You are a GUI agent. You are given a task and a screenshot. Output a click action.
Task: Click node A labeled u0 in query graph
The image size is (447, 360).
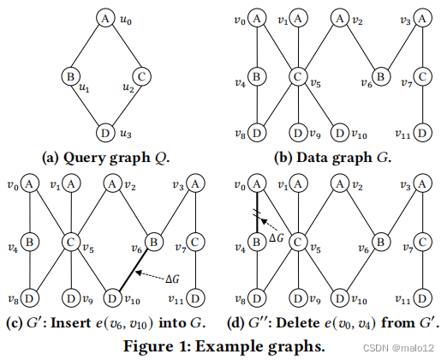[104, 18]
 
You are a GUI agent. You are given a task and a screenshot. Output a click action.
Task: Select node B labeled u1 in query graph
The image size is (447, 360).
[70, 78]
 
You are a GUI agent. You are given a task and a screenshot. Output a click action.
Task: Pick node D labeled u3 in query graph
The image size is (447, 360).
[104, 135]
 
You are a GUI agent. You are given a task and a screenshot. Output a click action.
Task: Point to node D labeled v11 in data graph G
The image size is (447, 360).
[422, 134]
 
